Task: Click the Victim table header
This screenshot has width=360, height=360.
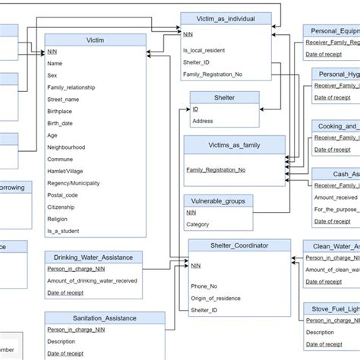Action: [96, 39]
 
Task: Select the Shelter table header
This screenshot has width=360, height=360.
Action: [224, 97]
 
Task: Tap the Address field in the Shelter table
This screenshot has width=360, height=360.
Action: [204, 121]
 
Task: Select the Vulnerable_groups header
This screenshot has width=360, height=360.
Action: [219, 201]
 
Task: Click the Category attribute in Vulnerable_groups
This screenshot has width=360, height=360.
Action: [198, 225]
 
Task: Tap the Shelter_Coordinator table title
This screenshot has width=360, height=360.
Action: [239, 245]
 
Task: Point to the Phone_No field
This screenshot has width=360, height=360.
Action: [204, 286]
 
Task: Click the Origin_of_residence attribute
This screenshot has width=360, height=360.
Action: [216, 298]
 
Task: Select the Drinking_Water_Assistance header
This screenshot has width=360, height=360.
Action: [93, 257]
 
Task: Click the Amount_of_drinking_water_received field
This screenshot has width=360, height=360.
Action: [93, 280]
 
